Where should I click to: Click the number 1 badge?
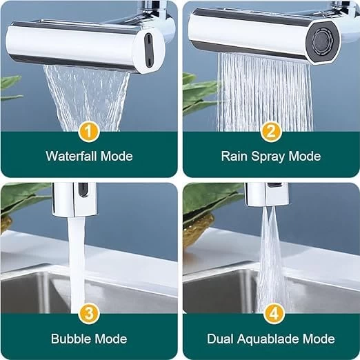[x=89, y=132]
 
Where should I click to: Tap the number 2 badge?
[x=271, y=132]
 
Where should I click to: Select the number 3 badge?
[x=89, y=314]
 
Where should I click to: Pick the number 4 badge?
[x=274, y=314]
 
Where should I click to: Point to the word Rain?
[x=234, y=156]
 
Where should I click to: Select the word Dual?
[x=220, y=339]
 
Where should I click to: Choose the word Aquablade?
[x=268, y=340]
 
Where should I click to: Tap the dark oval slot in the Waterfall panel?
[x=148, y=50]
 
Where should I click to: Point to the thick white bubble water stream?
[x=77, y=264]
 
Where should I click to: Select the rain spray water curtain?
[x=264, y=92]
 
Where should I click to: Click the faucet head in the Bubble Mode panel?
[x=74, y=199]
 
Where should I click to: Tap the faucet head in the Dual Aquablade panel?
[x=267, y=194]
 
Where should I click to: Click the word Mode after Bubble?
[x=111, y=339]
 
